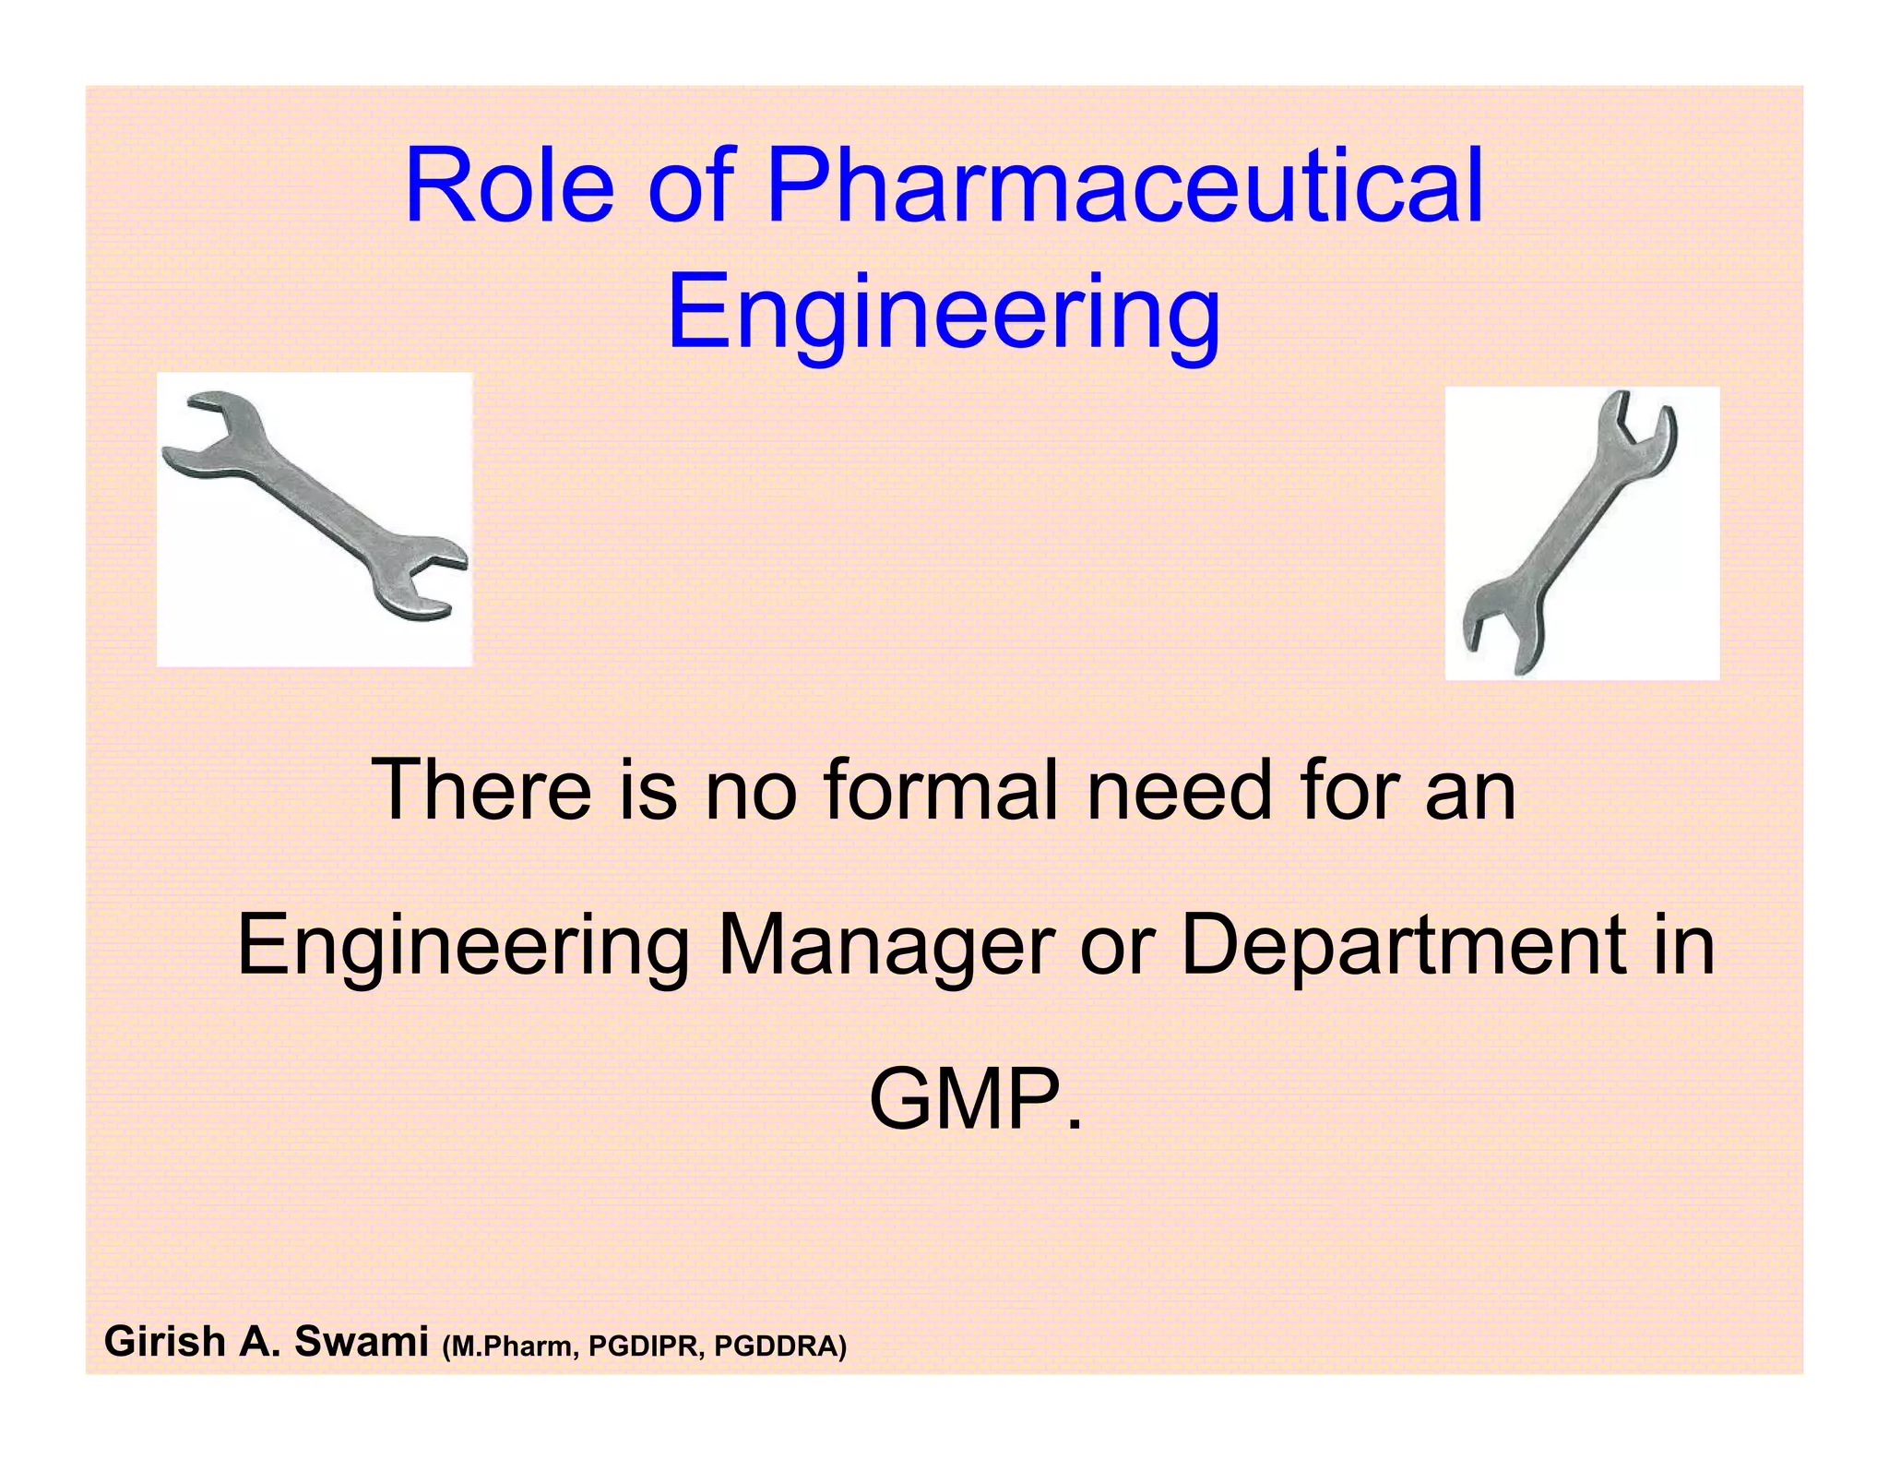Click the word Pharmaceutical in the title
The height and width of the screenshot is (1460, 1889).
pos(1124,187)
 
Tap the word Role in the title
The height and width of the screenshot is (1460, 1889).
pos(509,187)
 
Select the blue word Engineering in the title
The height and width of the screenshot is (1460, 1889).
pos(944,314)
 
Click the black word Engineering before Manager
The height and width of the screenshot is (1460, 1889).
pos(462,945)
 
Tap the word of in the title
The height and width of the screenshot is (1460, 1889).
pos(692,187)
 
